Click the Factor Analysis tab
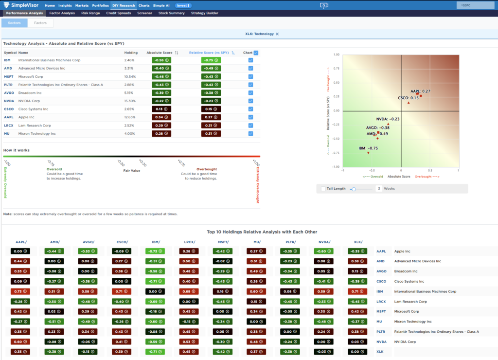point(62,13)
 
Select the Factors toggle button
point(40,23)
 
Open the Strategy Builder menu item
point(204,13)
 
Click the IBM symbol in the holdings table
point(7,60)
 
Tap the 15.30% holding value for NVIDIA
point(130,101)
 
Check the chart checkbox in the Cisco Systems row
point(250,109)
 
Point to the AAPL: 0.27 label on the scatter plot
point(421,91)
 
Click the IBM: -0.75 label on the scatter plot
point(368,148)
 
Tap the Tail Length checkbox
point(323,188)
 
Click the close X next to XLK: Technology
point(277,34)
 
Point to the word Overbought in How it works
point(207,169)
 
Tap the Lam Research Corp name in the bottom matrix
point(411,302)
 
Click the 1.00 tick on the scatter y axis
point(337,54)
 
